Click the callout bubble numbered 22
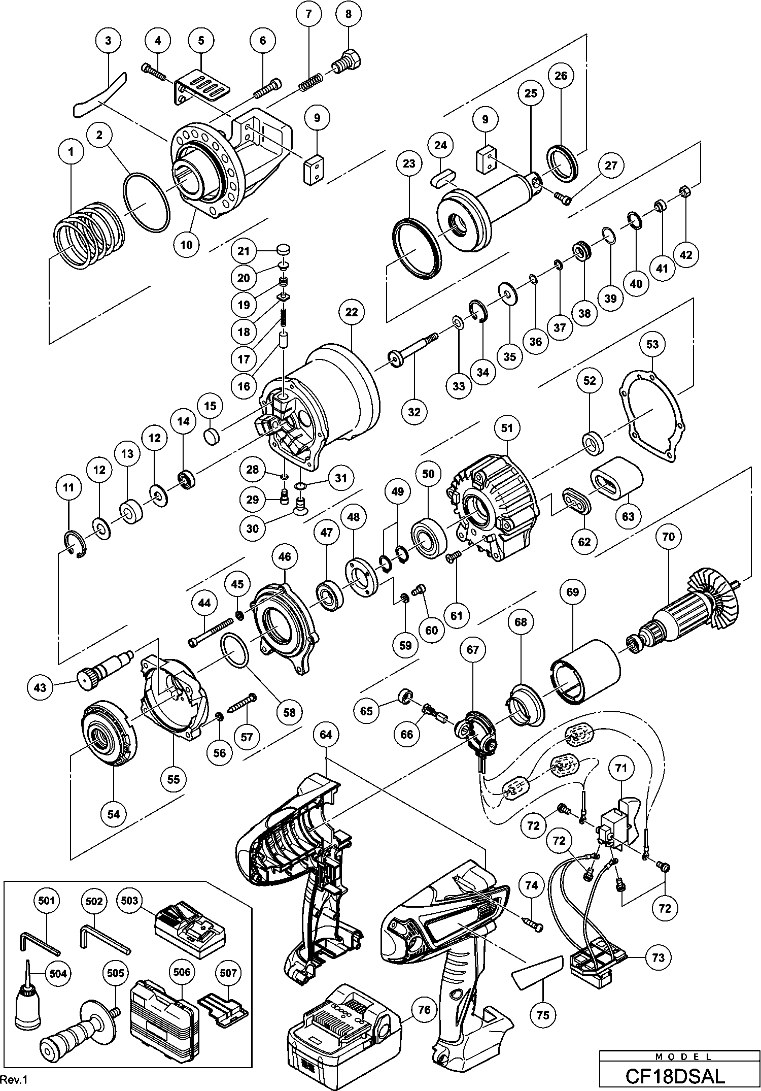click(352, 312)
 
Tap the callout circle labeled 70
click(669, 536)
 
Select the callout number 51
click(507, 428)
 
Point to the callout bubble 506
click(182, 972)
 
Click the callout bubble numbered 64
click(326, 735)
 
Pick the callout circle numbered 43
click(40, 688)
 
